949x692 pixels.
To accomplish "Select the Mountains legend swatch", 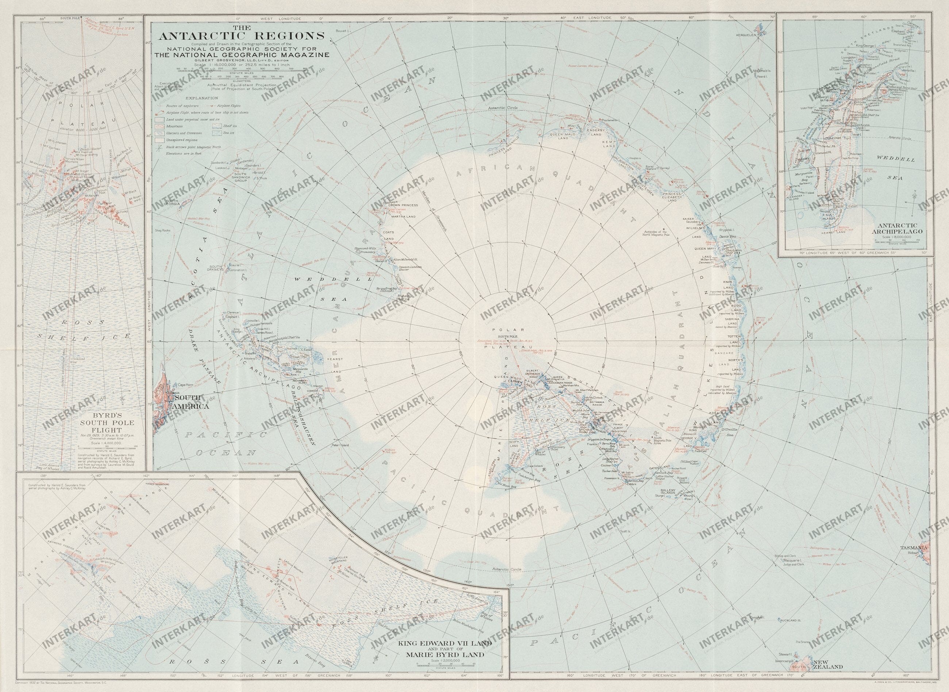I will [159, 126].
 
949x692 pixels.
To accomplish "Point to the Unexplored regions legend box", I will [159, 140].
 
